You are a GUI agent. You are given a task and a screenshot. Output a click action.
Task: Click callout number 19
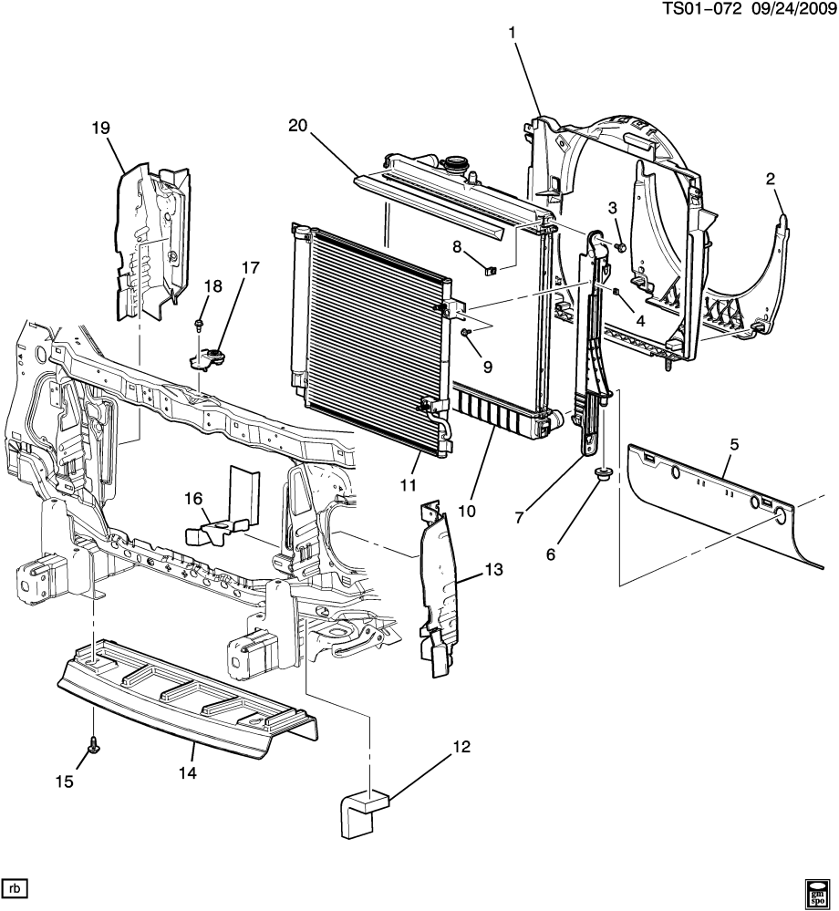(x=99, y=129)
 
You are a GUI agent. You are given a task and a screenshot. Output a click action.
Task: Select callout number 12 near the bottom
(x=461, y=748)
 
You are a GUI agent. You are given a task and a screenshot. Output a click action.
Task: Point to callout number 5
(x=734, y=444)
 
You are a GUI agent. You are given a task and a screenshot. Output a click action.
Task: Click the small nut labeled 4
(x=616, y=292)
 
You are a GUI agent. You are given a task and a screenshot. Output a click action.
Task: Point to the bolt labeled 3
(x=621, y=246)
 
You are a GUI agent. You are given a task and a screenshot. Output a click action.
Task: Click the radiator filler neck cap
(x=453, y=166)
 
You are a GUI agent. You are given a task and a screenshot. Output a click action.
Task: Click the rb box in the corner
(x=15, y=888)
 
